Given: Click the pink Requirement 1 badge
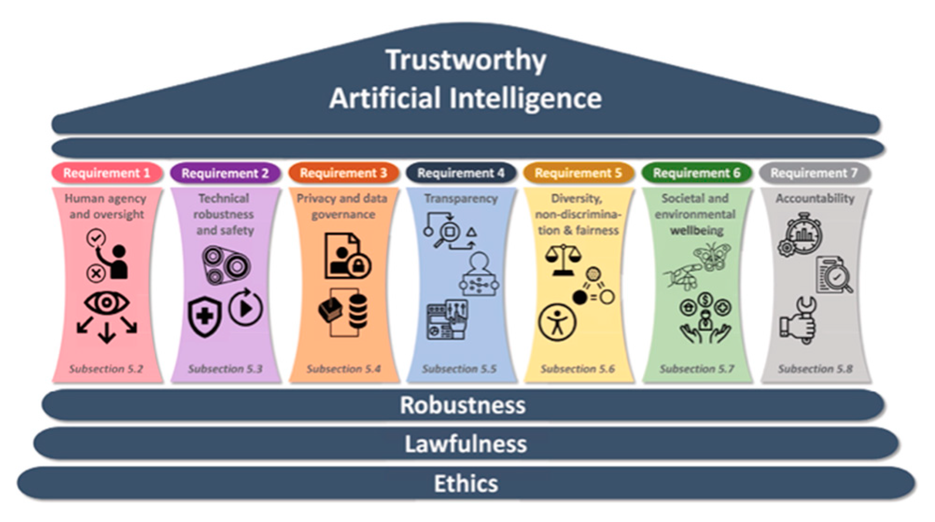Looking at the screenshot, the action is click(107, 173).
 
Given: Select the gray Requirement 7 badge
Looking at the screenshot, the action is click(814, 173).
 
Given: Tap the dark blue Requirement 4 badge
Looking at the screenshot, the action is click(461, 173).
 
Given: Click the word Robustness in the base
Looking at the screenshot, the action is click(462, 405).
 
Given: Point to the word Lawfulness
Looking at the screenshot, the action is click(465, 444).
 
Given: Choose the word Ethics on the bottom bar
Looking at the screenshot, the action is click(466, 483).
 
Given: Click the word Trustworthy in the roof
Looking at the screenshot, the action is click(466, 61).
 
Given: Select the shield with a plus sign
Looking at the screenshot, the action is click(204, 317).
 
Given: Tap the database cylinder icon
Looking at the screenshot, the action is click(358, 310).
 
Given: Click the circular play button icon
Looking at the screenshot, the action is click(245, 308).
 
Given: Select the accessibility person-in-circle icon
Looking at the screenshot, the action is click(557, 322).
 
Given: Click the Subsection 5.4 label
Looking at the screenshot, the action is click(343, 369).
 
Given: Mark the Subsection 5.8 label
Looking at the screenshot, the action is click(815, 369).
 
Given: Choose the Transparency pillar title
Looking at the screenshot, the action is click(461, 199).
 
